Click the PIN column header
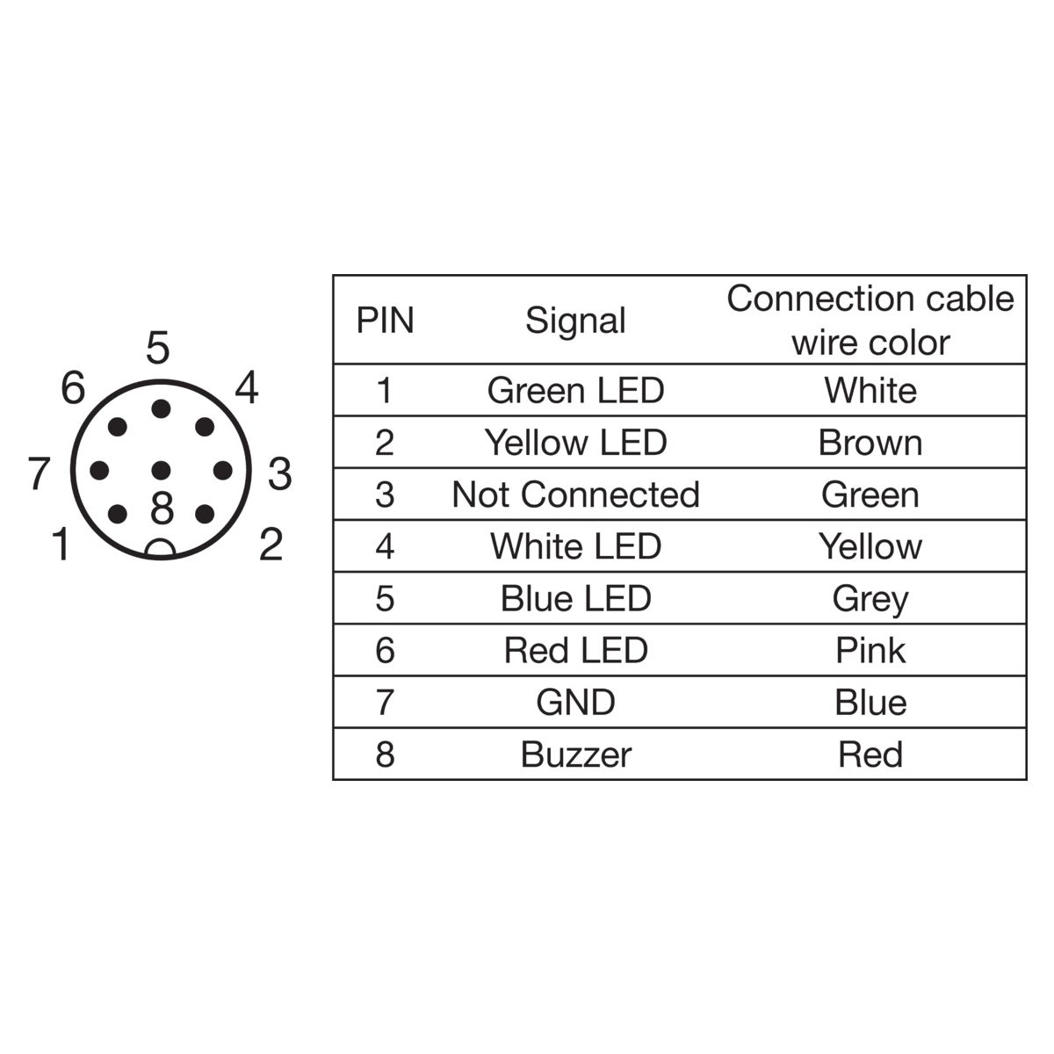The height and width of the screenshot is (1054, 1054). [385, 320]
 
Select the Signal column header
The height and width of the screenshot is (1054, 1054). [574, 321]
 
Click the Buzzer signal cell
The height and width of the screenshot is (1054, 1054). [576, 755]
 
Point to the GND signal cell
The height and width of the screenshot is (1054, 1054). [575, 703]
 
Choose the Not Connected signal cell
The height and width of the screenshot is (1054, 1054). [575, 495]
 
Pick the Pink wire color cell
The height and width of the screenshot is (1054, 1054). [870, 651]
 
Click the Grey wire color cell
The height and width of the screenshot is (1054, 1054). [870, 600]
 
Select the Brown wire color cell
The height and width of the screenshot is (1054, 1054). [870, 443]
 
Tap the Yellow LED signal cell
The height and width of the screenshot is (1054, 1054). [575, 443]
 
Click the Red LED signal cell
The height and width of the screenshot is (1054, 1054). [575, 651]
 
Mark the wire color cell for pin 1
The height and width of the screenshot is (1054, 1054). [870, 391]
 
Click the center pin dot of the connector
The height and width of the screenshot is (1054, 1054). [161, 470]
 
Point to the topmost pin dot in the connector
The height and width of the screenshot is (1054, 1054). [161, 408]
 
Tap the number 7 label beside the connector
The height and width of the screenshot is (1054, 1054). [40, 473]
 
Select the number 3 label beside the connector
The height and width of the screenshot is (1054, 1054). [279, 473]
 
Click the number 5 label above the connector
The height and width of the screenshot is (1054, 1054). [158, 348]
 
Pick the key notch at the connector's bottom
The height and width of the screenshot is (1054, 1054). [161, 549]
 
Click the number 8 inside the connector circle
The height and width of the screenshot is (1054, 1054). [162, 509]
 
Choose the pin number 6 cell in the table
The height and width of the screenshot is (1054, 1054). [385, 651]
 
